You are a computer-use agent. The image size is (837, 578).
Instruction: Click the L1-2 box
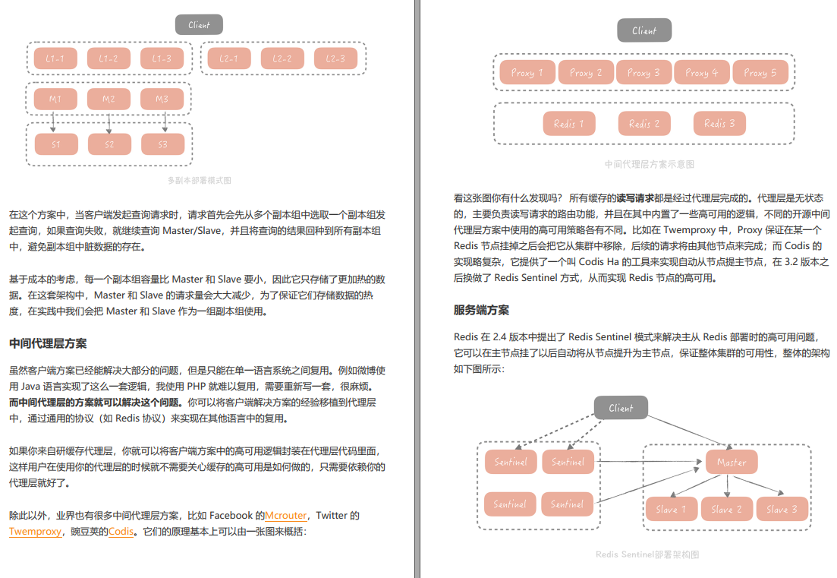(x=109, y=58)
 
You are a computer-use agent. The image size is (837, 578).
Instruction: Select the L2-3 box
(x=335, y=58)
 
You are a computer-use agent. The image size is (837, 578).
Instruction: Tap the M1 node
(x=55, y=99)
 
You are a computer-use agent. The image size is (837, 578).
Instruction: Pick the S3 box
(x=162, y=144)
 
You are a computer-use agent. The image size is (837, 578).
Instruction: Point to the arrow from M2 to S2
(x=109, y=122)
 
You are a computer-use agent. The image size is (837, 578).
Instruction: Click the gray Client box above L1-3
(x=199, y=25)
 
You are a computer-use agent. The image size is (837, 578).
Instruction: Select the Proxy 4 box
(x=702, y=73)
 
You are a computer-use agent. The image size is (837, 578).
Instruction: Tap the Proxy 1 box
(x=527, y=73)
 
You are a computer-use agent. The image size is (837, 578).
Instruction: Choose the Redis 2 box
(x=644, y=123)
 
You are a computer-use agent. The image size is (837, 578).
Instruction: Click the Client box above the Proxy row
(x=643, y=30)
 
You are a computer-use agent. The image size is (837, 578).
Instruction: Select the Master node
(x=732, y=462)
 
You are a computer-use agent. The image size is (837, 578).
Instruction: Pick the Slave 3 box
(x=782, y=509)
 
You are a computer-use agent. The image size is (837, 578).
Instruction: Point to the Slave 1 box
(x=671, y=509)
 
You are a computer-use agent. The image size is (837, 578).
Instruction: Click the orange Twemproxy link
(x=36, y=532)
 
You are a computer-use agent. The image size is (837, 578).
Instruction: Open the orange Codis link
(x=121, y=532)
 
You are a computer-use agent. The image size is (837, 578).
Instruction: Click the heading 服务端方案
(x=481, y=310)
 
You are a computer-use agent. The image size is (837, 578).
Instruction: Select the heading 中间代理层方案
(x=48, y=343)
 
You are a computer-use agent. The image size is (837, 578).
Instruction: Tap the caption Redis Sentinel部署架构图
(x=647, y=554)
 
